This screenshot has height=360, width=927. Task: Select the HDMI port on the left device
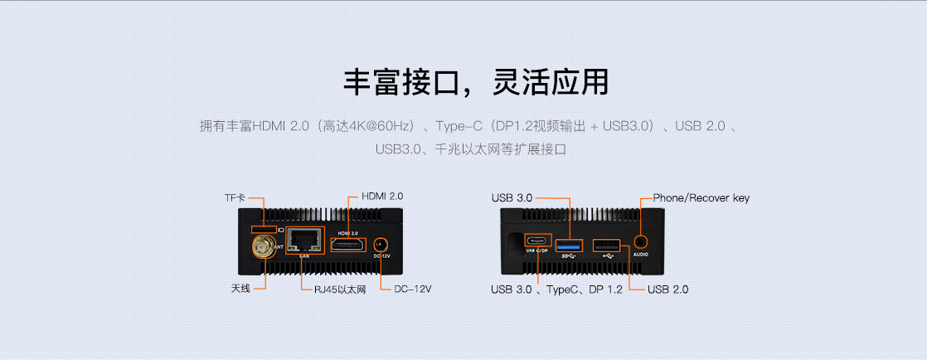pyautogui.click(x=347, y=245)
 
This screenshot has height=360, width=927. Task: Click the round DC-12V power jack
pyautogui.click(x=381, y=245)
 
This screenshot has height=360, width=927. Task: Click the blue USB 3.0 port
pyautogui.click(x=570, y=246)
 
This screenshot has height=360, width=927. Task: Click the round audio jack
pyautogui.click(x=640, y=241)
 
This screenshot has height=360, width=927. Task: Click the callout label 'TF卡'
pyautogui.click(x=235, y=199)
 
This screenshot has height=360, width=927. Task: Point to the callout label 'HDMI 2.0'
pyautogui.click(x=382, y=197)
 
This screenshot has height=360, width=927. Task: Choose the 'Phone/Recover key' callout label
pyautogui.click(x=701, y=198)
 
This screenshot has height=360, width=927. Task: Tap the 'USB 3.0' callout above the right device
pyautogui.click(x=512, y=198)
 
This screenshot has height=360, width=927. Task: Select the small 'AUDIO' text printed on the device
pyautogui.click(x=640, y=255)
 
